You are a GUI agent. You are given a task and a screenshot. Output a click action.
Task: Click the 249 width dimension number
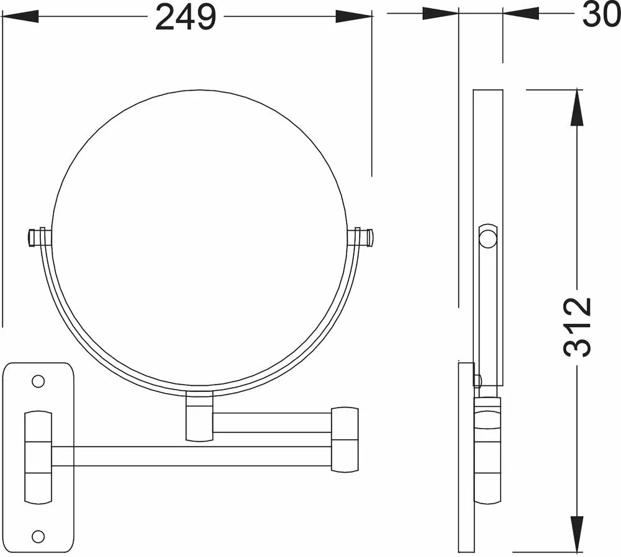point(186,17)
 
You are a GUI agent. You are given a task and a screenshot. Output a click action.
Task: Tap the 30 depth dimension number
point(601,15)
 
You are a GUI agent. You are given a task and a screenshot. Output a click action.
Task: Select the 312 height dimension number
point(578,327)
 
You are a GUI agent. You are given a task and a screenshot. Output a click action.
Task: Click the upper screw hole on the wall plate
point(38,381)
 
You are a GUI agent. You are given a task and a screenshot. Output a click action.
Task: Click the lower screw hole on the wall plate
point(38,537)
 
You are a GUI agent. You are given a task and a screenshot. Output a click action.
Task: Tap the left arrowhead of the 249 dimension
point(20,17)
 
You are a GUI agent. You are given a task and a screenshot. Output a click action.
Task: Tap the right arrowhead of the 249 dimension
point(354,17)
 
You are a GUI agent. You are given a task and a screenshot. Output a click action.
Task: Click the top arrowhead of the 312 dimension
point(577,108)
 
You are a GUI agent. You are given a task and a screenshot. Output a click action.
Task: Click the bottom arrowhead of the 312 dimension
point(577,535)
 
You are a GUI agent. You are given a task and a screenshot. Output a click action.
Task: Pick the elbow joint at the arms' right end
point(345,440)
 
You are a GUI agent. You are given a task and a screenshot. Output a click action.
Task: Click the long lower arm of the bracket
point(191,456)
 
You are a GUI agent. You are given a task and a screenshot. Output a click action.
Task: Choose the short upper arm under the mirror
point(272,423)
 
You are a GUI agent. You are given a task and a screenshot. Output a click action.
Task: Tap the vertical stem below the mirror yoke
point(199,416)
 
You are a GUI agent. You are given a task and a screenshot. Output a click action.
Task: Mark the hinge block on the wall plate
point(39,457)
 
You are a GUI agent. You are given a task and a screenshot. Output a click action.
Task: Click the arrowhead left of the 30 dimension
point(440,14)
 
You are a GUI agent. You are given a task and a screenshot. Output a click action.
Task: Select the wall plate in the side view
point(466,457)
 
